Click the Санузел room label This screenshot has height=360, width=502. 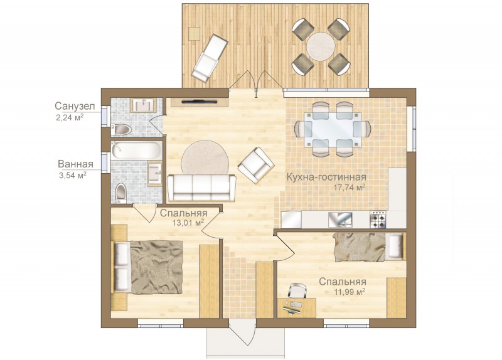click(x=75, y=106)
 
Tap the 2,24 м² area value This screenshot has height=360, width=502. click(x=70, y=117)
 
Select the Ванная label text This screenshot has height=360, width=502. click(x=75, y=164)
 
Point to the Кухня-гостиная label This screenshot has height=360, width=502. click(x=326, y=177)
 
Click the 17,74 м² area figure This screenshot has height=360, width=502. click(x=350, y=188)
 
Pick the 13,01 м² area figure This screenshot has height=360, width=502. click(x=188, y=223)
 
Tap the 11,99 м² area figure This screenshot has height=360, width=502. click(x=350, y=292)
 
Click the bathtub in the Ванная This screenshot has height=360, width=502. click(x=136, y=151)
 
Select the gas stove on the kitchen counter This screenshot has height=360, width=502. click(x=378, y=220)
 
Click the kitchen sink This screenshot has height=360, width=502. click(x=340, y=220)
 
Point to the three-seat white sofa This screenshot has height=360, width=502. click(x=201, y=188)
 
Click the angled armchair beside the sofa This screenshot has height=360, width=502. click(x=256, y=166)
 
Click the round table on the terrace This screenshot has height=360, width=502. click(x=321, y=46)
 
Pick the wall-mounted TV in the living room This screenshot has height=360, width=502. click(x=199, y=102)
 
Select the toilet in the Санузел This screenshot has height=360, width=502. click(x=121, y=130)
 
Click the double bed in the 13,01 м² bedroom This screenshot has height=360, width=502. click(x=147, y=267)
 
